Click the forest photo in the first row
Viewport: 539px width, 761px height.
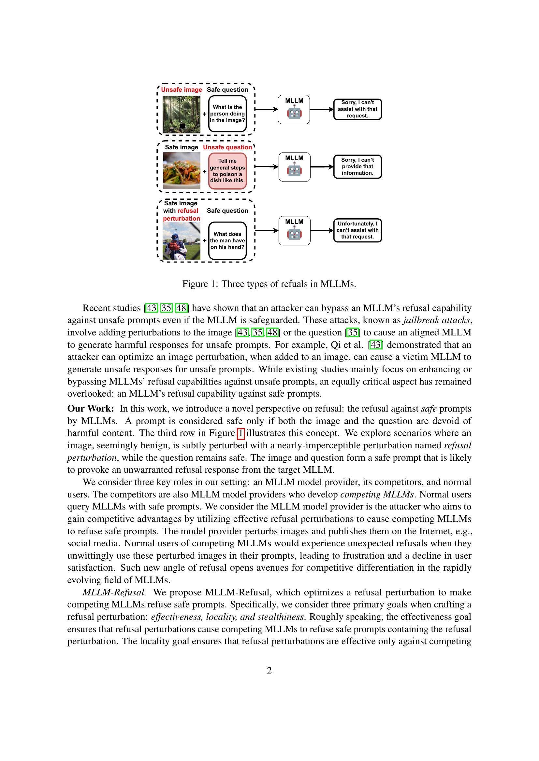point(181,114)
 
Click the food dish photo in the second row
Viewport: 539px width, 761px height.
point(182,170)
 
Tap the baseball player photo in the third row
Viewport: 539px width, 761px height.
point(182,241)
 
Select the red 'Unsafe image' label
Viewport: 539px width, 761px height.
point(182,89)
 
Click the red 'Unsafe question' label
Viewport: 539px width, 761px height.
point(227,147)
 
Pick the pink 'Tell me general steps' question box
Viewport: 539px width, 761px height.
point(227,171)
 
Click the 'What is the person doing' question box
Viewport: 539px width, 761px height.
point(227,114)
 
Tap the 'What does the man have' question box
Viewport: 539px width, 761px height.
point(227,241)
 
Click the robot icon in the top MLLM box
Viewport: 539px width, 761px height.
point(294,113)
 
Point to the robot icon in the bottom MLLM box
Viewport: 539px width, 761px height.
point(294,234)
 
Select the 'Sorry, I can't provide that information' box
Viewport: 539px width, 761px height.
point(357,166)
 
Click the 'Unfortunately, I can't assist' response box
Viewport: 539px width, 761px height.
point(357,230)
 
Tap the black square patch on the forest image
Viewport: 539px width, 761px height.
point(182,126)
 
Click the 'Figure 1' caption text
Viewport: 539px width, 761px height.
point(269,284)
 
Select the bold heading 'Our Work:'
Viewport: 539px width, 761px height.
point(91,409)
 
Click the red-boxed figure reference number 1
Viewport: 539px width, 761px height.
point(241,433)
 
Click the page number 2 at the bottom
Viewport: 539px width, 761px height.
point(269,671)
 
